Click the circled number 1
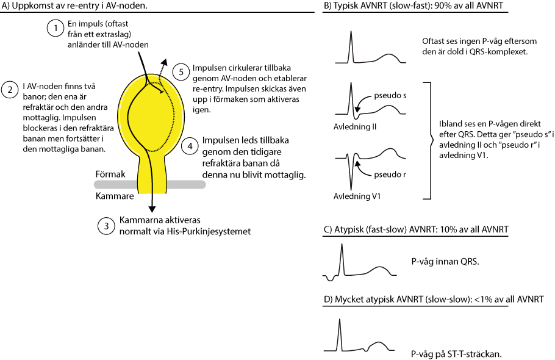[x=56, y=28]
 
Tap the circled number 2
[x=10, y=90]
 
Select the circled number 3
[x=106, y=226]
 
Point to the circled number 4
[x=190, y=146]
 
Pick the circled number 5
[x=181, y=72]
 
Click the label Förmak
[x=110, y=174]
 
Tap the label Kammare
[x=115, y=196]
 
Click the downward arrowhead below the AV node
[x=152, y=209]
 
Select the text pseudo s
[x=390, y=95]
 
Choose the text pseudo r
[x=390, y=174]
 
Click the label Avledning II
[x=355, y=127]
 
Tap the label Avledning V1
[x=357, y=196]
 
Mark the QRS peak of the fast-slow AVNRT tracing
[x=342, y=244]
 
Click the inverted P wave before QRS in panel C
[x=331, y=278]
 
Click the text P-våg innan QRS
[x=445, y=262]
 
